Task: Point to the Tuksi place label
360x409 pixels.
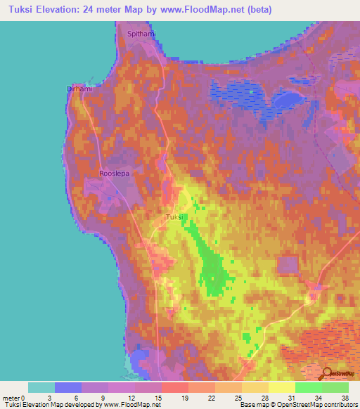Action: pos(174,217)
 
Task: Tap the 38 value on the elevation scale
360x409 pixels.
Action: pos(345,398)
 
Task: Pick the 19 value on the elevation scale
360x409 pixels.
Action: pos(184,398)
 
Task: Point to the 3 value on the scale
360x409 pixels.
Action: pos(51,398)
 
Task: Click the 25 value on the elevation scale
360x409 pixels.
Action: pos(238,398)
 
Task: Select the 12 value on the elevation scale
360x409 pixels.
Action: pos(131,398)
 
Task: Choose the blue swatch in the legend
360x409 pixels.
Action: pos(67,387)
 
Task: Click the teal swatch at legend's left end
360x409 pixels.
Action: pos(41,387)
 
